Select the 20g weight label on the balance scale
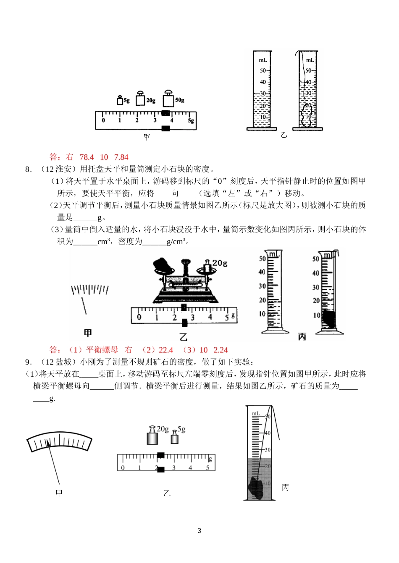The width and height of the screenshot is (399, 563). click(219, 263)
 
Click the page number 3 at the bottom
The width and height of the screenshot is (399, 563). click(199, 530)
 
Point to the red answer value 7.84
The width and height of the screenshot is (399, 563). click(121, 157)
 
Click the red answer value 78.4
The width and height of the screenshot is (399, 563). click(87, 157)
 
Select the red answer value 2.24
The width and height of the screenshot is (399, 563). click(220, 350)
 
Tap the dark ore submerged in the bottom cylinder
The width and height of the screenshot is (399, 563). click(257, 487)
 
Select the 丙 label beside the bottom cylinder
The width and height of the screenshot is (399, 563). click(285, 487)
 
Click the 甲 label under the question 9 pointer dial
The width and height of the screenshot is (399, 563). click(59, 493)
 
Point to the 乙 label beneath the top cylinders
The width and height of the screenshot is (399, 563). click(284, 135)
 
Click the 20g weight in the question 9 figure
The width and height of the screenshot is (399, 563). click(152, 436)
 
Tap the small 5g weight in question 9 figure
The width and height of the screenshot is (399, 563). click(175, 438)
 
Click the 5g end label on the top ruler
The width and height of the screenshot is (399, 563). click(191, 121)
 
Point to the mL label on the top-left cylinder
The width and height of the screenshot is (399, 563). click(263, 60)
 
